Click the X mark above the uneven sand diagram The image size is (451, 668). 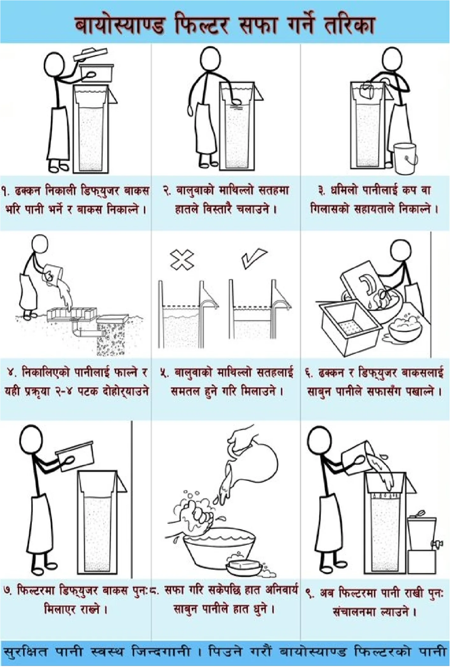(x=182, y=260)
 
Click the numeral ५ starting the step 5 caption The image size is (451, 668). (x=164, y=373)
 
